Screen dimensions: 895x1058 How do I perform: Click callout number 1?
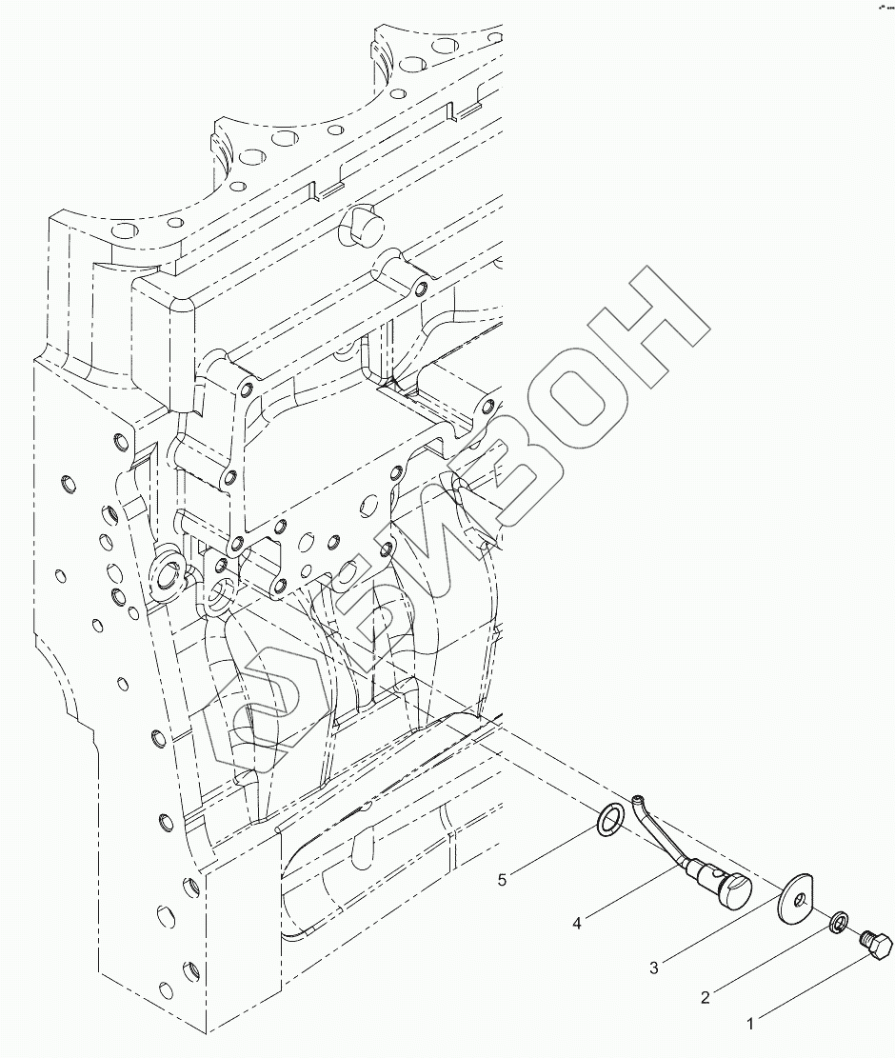pos(750,1024)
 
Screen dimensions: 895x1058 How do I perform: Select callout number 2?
pos(706,997)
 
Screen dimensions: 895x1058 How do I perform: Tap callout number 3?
pos(654,968)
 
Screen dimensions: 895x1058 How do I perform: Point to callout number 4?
pos(577,921)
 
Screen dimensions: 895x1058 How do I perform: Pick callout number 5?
pos(502,880)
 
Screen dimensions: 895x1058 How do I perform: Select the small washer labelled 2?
pos(839,922)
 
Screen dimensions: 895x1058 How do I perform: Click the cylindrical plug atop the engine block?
pos(359,226)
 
